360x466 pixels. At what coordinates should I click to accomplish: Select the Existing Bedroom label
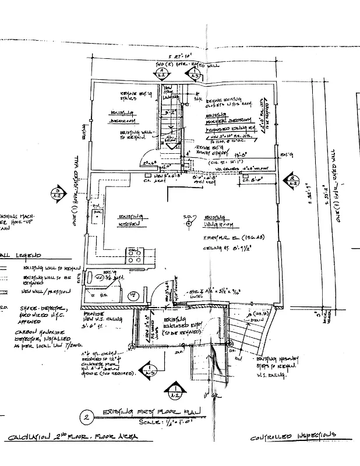[x=123, y=116]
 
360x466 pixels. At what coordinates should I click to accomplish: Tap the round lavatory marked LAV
[x=133, y=295]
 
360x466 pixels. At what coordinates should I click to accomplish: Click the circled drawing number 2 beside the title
[x=86, y=417]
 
